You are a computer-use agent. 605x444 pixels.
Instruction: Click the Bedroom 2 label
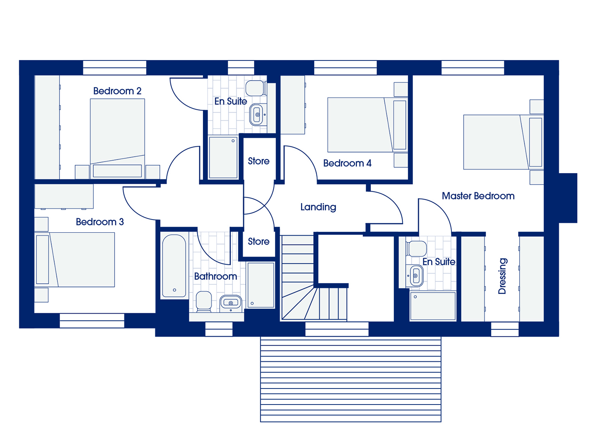tap(117, 91)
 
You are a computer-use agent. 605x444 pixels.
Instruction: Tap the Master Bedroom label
tap(478, 196)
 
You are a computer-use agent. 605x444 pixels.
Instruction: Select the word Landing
tap(318, 207)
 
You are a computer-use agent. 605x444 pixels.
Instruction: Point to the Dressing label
tap(502, 276)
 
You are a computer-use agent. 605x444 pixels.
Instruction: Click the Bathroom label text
tap(216, 276)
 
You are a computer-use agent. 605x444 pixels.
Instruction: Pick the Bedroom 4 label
tap(347, 163)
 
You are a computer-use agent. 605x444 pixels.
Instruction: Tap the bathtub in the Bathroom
tap(174, 266)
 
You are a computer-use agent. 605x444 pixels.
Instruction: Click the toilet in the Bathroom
tap(204, 301)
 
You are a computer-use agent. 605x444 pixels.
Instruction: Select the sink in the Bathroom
tap(231, 303)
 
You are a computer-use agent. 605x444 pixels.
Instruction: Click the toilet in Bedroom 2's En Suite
tap(256, 88)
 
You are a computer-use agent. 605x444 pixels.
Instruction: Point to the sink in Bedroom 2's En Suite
tap(257, 115)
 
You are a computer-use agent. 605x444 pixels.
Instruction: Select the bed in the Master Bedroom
tap(504, 142)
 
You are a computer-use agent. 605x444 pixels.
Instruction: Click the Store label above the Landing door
tap(258, 161)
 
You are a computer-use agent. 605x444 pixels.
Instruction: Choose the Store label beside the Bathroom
tap(258, 241)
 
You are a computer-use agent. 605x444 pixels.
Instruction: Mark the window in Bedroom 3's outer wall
tap(92, 321)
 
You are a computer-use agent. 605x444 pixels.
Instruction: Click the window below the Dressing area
tap(505, 329)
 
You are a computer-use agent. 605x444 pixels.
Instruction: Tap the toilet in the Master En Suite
tap(416, 249)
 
